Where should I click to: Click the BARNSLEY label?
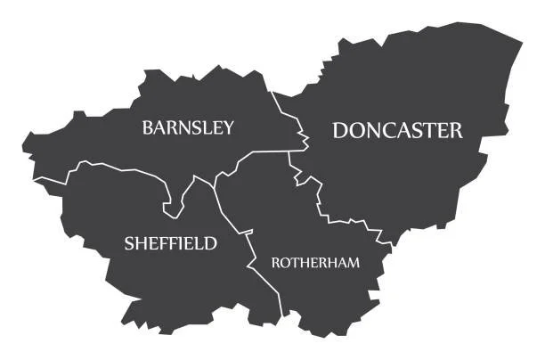[188, 127]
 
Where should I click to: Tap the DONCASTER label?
[397, 130]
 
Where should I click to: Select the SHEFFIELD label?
[170, 243]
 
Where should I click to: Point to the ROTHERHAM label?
[315, 263]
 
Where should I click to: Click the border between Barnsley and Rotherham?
[258, 154]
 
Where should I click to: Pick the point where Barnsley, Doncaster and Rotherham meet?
[289, 151]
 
